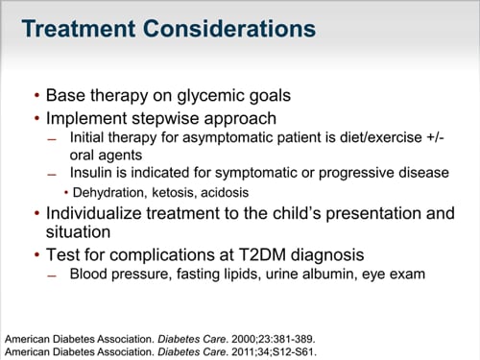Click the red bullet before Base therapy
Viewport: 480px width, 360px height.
36,97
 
